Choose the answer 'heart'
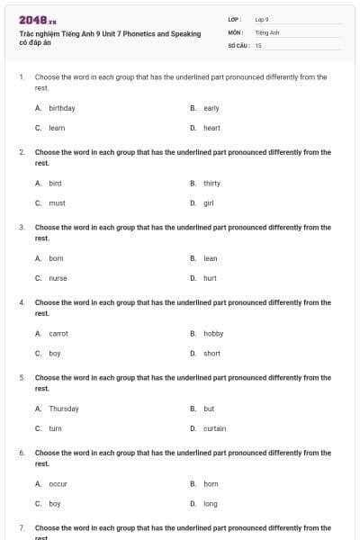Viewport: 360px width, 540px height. (211, 128)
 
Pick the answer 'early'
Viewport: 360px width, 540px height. (211, 108)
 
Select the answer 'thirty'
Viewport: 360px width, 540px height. (212, 183)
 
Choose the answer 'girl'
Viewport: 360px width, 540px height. (209, 202)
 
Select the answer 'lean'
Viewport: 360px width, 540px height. (211, 258)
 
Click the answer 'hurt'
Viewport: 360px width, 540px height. (211, 278)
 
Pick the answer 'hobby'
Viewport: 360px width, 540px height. (213, 333)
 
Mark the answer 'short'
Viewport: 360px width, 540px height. (212, 354)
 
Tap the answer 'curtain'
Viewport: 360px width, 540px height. (215, 428)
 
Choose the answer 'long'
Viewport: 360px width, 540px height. (211, 504)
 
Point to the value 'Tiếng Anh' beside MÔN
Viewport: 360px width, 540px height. (268, 31)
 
